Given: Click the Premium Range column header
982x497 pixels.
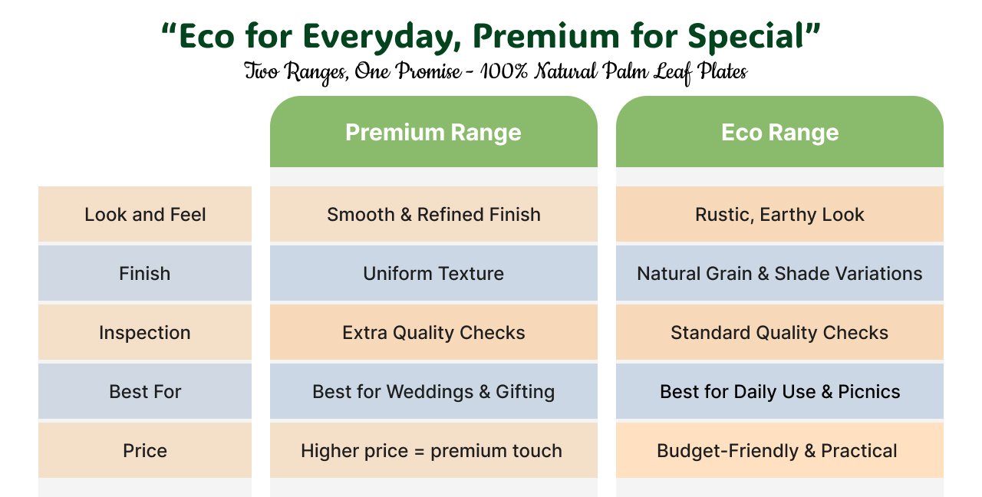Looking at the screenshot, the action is [433, 131].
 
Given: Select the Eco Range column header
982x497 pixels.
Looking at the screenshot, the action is [779, 131].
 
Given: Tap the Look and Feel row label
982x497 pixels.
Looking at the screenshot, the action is [145, 214].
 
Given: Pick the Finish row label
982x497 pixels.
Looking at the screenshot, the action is [145, 273].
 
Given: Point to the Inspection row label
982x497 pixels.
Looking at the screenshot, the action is [145, 332].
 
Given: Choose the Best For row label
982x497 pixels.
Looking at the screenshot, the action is [145, 391].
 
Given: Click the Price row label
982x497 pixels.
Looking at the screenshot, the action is [145, 450].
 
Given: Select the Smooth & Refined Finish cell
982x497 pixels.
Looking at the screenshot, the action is [433, 214].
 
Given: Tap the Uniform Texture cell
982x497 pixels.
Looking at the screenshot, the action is [433, 273].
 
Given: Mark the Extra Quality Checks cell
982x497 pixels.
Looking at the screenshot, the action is [433, 332].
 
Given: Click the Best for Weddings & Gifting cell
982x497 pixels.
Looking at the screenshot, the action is [433, 391].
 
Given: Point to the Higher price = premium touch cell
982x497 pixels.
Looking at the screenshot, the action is [433, 450].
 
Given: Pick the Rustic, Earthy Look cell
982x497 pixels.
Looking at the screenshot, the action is [779, 214].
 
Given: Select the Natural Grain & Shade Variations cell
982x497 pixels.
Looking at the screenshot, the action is [779, 273].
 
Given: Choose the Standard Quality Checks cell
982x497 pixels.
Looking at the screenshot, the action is [779, 332].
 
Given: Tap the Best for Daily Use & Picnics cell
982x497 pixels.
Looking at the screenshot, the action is [779, 391].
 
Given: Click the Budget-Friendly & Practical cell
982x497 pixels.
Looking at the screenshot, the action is [779, 450].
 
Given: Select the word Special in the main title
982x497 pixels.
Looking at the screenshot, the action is [746, 37].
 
